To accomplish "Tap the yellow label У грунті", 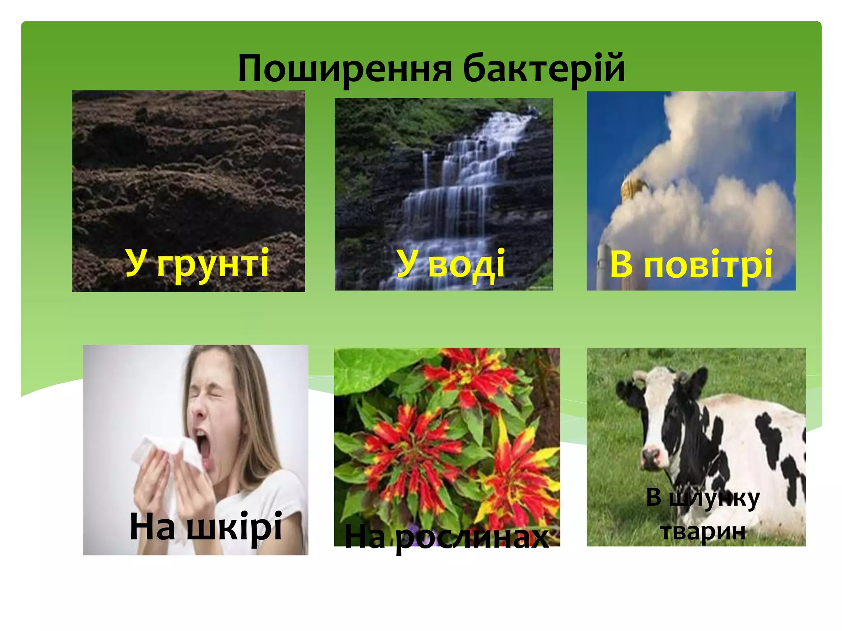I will [x=197, y=263].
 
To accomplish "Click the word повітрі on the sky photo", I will [x=708, y=265].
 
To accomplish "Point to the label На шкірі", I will [x=206, y=527].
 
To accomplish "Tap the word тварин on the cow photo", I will [x=703, y=531].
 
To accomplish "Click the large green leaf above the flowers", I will [x=370, y=368].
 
